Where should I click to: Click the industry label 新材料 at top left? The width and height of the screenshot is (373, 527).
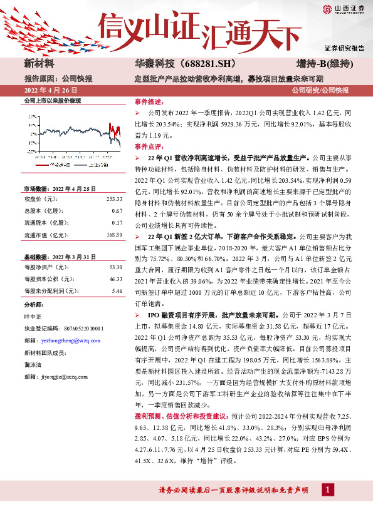(39, 64)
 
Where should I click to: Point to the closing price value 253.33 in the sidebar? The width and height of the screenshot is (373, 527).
(113, 199)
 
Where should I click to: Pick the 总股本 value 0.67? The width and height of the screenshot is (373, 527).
(117, 211)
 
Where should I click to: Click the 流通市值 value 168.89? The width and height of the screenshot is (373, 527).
(113, 235)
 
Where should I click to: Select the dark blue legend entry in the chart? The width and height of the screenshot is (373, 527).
(84, 165)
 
